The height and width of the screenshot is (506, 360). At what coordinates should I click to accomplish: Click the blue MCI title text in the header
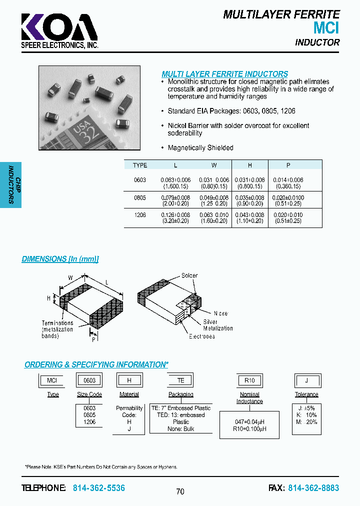[x=326, y=28]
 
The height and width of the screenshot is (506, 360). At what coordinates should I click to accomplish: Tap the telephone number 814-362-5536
[x=99, y=487]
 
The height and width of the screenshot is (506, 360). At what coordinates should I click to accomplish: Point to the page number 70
[x=180, y=491]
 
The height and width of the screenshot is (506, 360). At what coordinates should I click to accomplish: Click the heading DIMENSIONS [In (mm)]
[x=60, y=259]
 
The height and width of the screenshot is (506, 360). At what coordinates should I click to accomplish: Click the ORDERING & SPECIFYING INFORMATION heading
[x=95, y=365]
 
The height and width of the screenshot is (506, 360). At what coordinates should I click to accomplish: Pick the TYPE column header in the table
[x=140, y=165]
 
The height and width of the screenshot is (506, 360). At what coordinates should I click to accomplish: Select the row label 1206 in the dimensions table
[x=140, y=214]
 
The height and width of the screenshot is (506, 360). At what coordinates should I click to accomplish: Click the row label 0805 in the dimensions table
[x=140, y=197]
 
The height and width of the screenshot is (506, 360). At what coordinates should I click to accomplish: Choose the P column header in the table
[x=288, y=165]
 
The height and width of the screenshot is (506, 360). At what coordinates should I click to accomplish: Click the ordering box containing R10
[x=249, y=380]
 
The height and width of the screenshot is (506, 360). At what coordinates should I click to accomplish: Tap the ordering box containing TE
[x=180, y=380]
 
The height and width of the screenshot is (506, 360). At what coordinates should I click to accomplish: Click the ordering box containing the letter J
[x=306, y=380]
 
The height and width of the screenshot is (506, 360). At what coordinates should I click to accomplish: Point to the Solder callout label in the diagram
[x=189, y=275]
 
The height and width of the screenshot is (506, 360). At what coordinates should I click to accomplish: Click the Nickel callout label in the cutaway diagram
[x=220, y=313]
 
